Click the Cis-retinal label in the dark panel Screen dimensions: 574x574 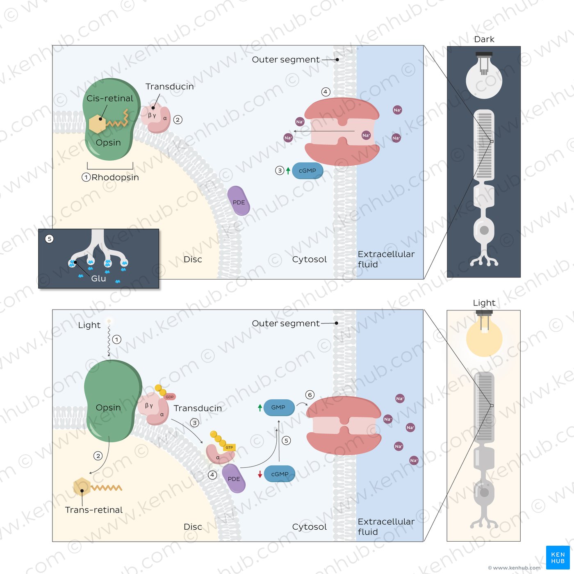[x=109, y=98]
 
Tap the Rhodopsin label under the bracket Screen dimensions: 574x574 [x=115, y=178]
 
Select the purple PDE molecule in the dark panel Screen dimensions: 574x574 [x=239, y=201]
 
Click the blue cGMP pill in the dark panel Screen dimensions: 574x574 [x=307, y=171]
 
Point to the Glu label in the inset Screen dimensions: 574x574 [x=98, y=278]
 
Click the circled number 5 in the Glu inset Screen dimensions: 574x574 [x=49, y=239]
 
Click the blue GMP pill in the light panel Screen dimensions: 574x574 [x=279, y=408]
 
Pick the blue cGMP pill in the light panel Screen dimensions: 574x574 [x=280, y=474]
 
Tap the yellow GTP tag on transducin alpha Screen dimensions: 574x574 [x=229, y=447]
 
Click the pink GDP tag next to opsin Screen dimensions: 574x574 [x=170, y=396]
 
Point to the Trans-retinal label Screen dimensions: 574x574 [x=94, y=510]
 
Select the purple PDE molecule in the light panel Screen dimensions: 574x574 [x=234, y=478]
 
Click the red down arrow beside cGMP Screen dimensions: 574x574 [x=260, y=474]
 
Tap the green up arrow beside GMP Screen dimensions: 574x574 [x=260, y=408]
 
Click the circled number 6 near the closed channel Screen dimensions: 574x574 [x=310, y=395]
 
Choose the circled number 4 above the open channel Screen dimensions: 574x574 [x=326, y=92]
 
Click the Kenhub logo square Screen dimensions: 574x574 [x=558, y=558]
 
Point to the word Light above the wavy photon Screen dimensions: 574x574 [x=89, y=325]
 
